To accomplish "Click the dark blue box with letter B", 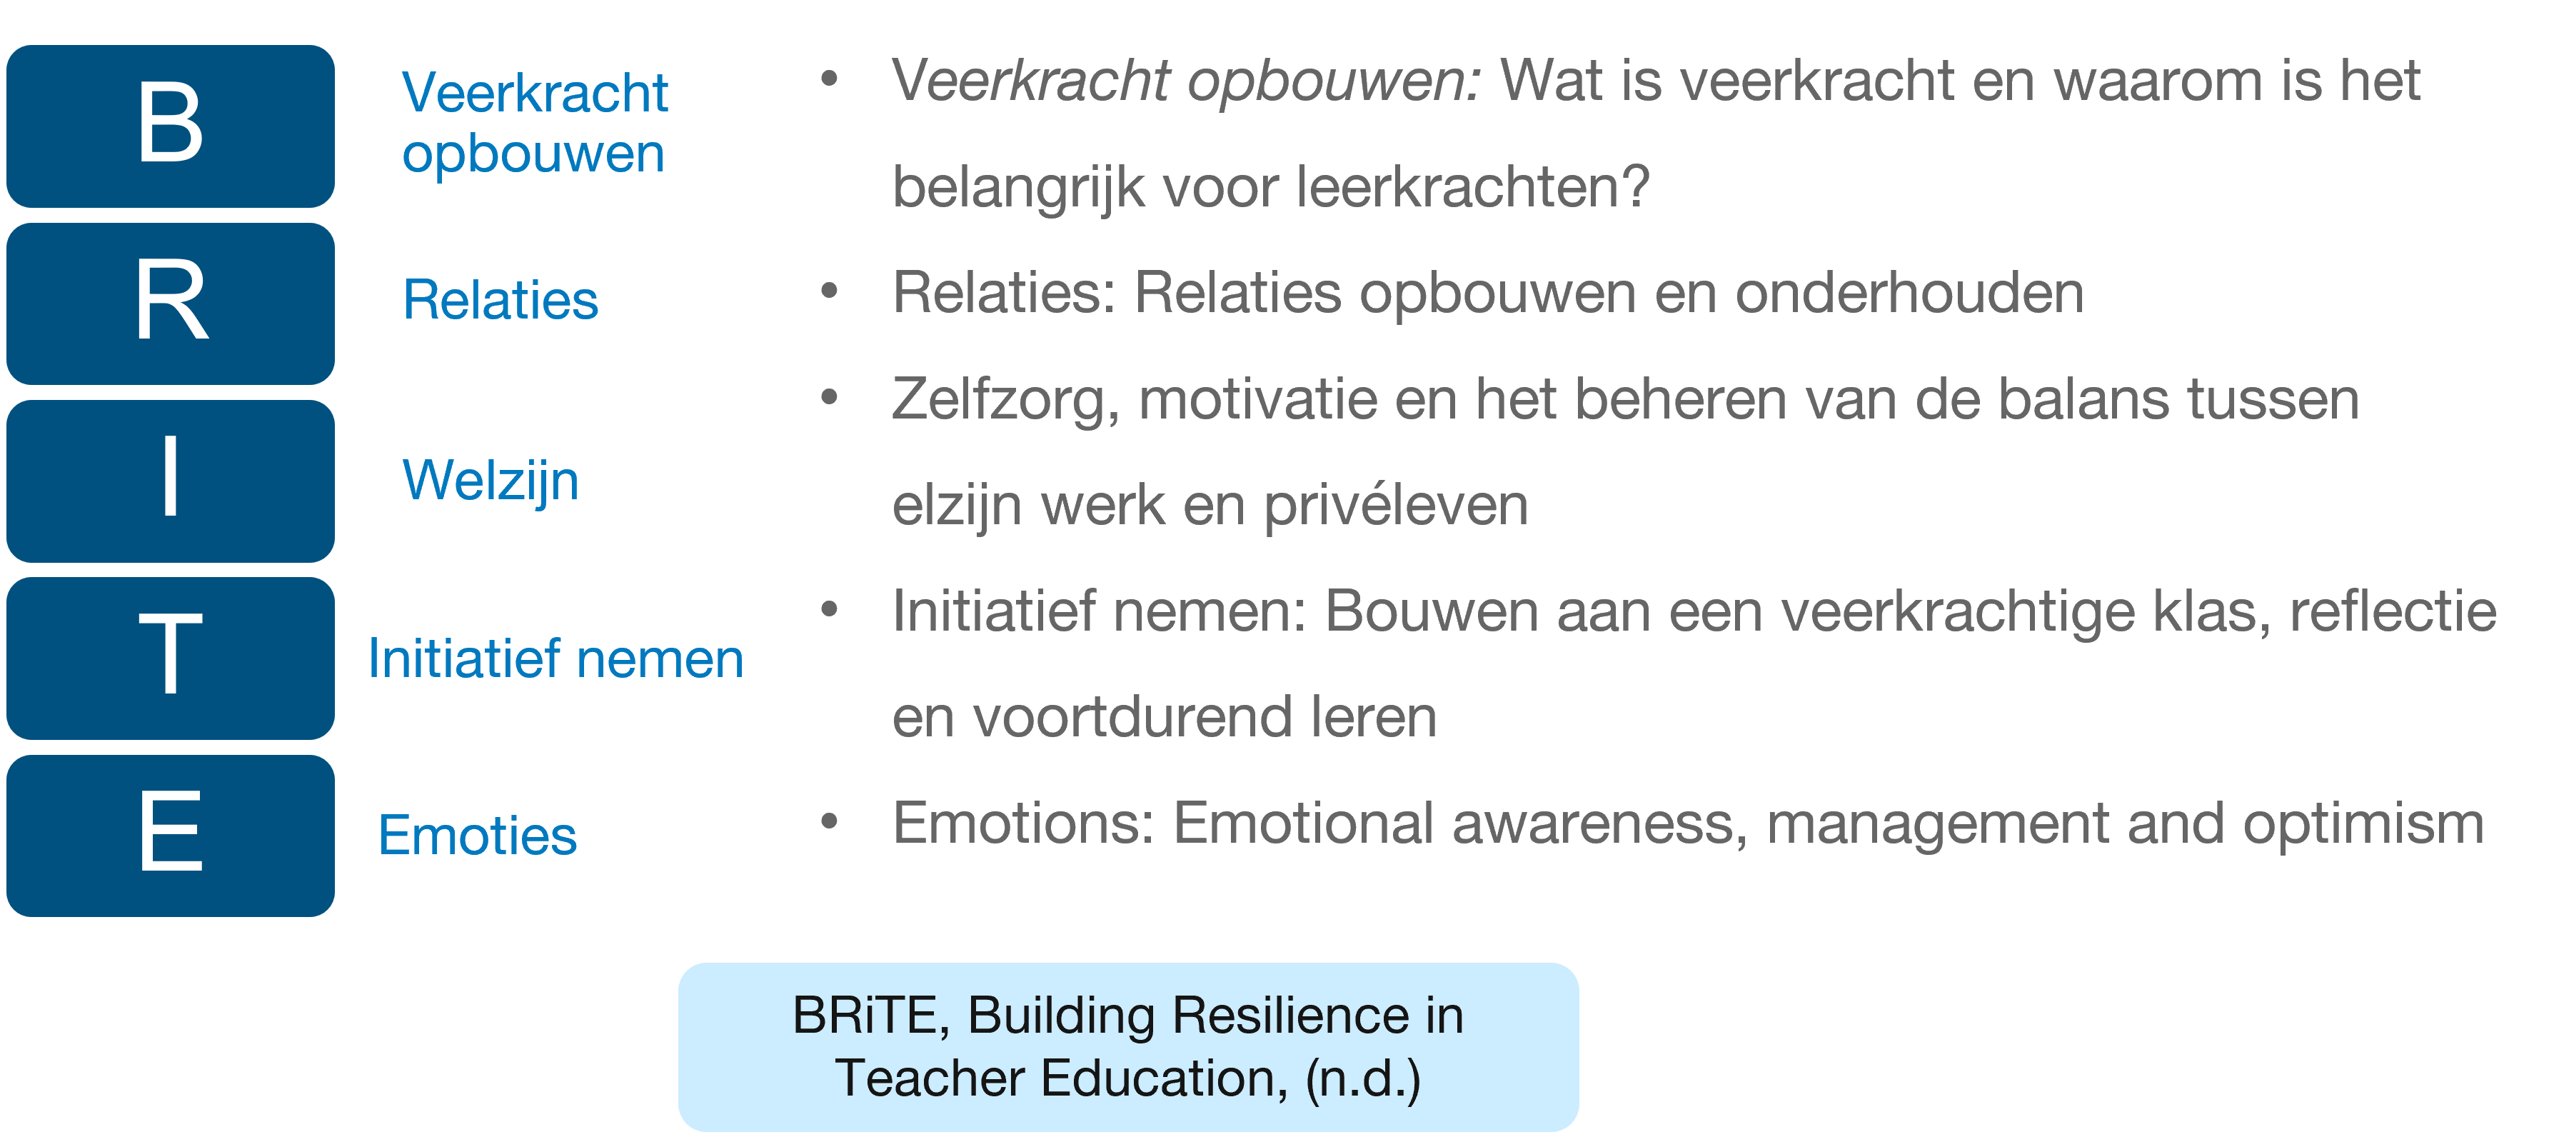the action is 171,126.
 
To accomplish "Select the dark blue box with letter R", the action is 171,304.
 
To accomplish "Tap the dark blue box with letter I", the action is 171,481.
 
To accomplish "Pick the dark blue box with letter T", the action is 171,658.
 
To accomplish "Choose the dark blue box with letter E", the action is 171,836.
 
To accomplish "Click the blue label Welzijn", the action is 491,483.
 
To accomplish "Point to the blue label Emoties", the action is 478,836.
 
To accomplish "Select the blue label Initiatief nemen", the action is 555,658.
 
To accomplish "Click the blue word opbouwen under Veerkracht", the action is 533,156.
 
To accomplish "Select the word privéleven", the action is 1396,506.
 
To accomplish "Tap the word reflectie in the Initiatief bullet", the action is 2393,611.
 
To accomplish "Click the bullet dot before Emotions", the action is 830,821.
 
